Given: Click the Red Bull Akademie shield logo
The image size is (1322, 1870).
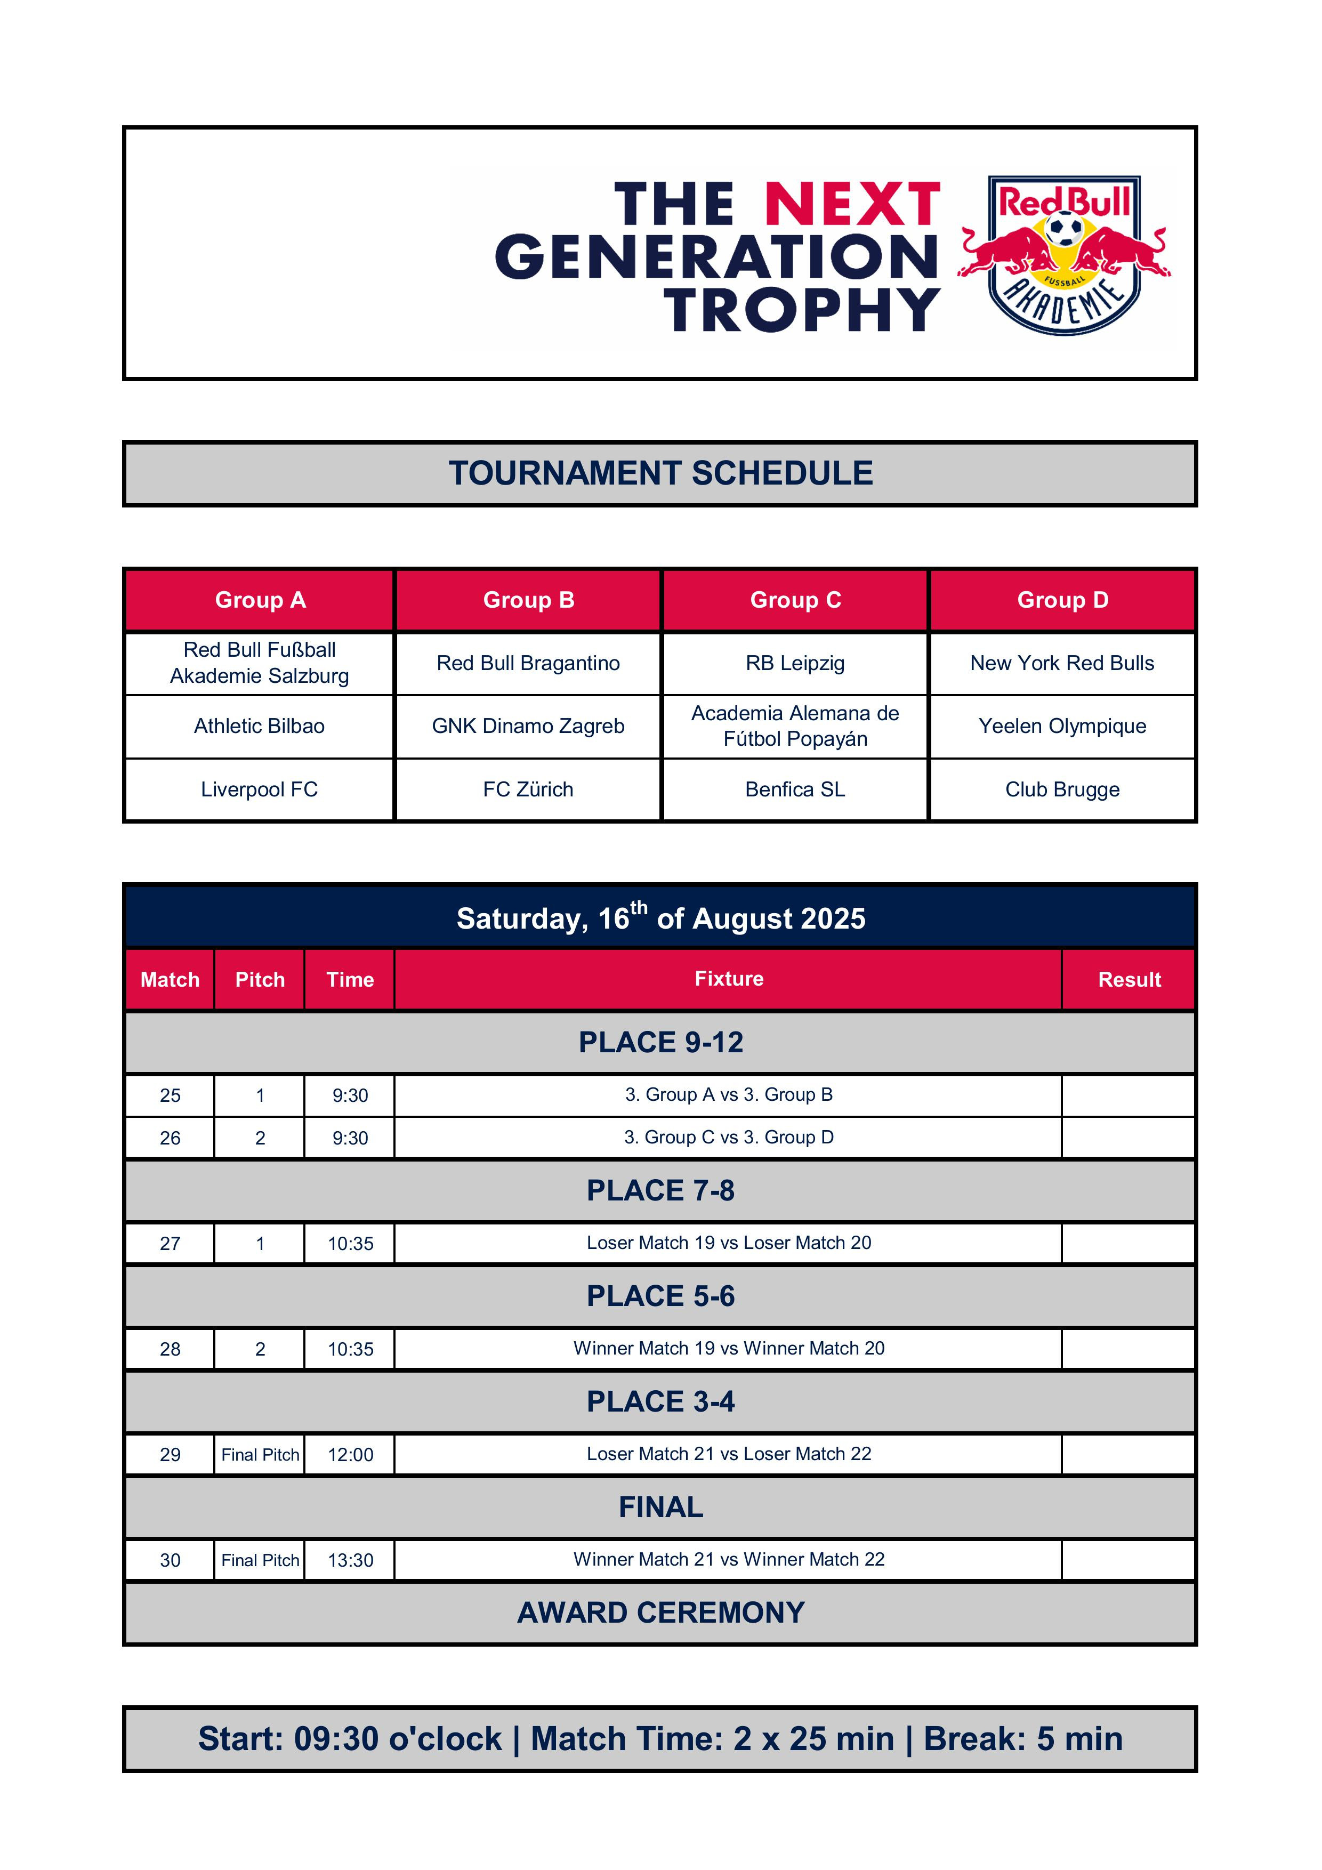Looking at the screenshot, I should click(x=1064, y=254).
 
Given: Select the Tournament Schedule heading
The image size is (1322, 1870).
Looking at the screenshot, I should click(x=660, y=473).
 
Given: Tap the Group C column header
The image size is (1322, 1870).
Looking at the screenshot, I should click(x=795, y=600).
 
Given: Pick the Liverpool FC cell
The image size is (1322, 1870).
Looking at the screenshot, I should click(x=259, y=789).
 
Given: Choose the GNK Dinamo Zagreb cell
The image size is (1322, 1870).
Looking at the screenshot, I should click(x=528, y=726).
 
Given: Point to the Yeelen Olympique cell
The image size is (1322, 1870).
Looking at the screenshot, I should click(x=1062, y=726).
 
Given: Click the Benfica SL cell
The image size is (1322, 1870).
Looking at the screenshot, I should click(x=795, y=789).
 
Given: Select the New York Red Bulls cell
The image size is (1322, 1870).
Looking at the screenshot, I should click(x=1062, y=663).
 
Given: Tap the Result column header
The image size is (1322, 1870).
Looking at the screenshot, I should click(x=1129, y=979).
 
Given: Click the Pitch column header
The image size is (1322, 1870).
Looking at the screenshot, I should click(x=260, y=979).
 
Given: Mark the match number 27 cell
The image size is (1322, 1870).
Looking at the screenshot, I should click(x=170, y=1244).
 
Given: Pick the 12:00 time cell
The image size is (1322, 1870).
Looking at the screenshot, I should click(x=350, y=1455).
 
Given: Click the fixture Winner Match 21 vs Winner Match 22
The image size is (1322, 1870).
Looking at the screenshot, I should click(x=728, y=1560).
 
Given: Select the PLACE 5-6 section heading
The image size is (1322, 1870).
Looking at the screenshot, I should click(x=660, y=1296).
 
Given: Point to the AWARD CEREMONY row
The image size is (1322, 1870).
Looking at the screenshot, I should click(x=660, y=1613).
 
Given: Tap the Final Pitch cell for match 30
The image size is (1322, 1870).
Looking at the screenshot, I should click(x=260, y=1560).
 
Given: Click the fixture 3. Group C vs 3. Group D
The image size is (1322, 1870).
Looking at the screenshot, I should click(x=728, y=1137).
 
